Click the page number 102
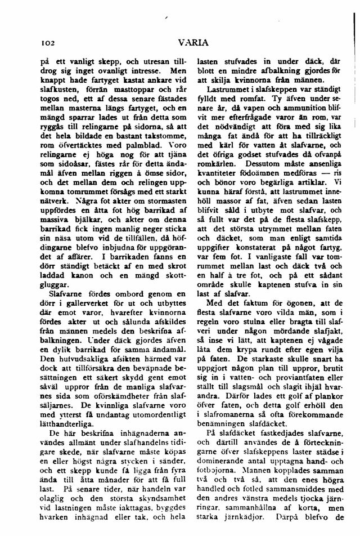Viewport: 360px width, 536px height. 44,42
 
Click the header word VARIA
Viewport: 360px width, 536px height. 193,42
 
